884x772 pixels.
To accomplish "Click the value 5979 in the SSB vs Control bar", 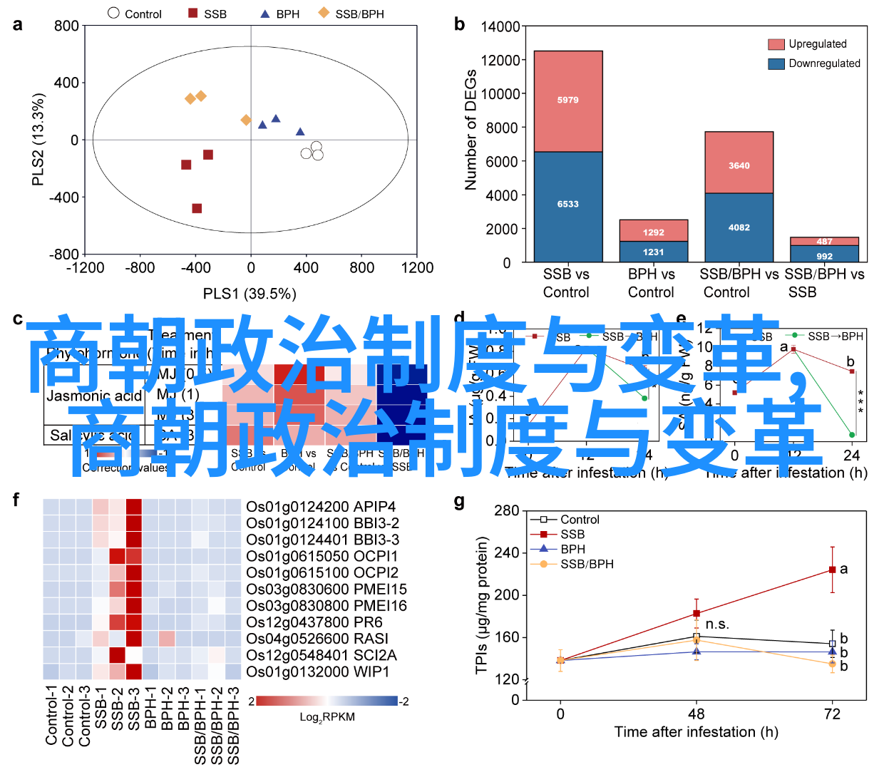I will (567, 101).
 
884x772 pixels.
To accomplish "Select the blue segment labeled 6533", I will (567, 205).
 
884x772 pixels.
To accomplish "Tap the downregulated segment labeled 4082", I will (739, 227).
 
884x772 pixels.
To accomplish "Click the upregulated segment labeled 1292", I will (653, 232).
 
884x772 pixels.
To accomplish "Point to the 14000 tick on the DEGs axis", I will (500, 27).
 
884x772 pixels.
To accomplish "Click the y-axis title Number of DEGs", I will (471, 130).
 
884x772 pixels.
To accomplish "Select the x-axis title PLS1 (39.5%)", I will (250, 294).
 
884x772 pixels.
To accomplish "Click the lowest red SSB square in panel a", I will (197, 208).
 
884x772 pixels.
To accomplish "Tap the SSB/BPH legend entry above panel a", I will (352, 14).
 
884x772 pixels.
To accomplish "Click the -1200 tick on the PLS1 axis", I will (85, 268).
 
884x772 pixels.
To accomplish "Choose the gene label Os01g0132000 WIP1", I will (318, 672).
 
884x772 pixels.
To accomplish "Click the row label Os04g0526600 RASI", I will (317, 639).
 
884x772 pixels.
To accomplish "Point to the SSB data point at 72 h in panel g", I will (832, 570).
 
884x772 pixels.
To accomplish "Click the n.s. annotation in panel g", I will (717, 625).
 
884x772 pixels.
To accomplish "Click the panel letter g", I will (459, 503).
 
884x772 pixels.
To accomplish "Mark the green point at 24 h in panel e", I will (852, 435).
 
